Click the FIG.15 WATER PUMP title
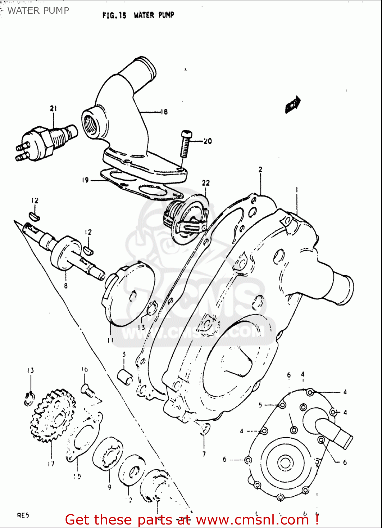click(x=138, y=15)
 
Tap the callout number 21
click(x=53, y=108)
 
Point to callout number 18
click(x=164, y=112)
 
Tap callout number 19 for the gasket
click(x=85, y=180)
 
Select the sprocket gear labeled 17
click(x=53, y=415)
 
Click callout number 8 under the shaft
click(x=66, y=285)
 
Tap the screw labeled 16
click(x=87, y=390)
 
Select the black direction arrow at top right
click(x=292, y=105)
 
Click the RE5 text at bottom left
click(x=23, y=516)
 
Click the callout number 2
click(x=260, y=169)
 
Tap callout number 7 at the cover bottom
click(x=204, y=454)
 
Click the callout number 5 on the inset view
click(x=260, y=405)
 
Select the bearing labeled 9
click(x=107, y=454)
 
